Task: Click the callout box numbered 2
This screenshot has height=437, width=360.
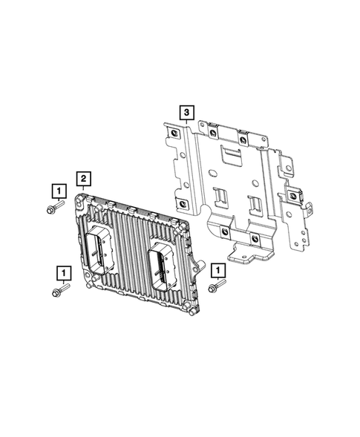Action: [x=84, y=178]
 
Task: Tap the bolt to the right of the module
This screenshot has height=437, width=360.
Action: [x=216, y=287]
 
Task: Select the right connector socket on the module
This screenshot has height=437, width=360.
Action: [x=161, y=266]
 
